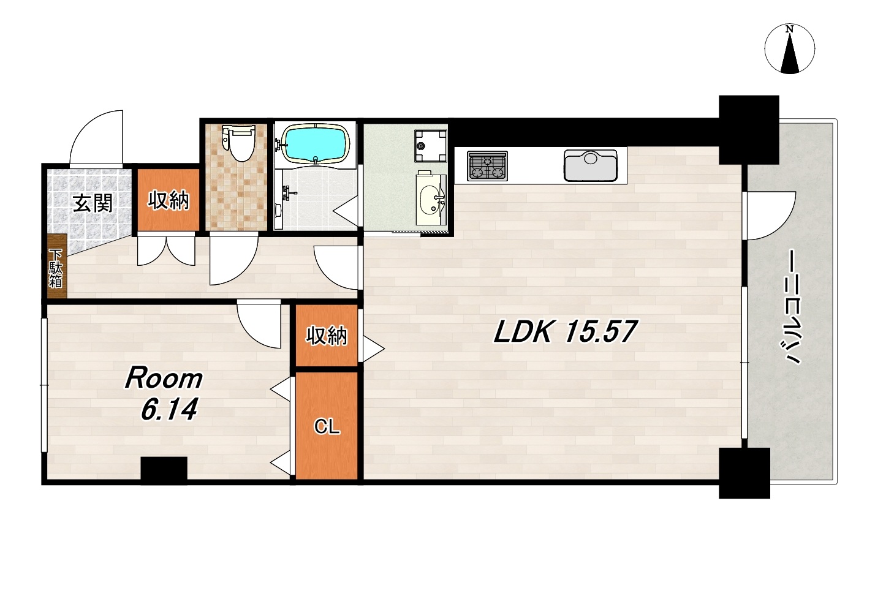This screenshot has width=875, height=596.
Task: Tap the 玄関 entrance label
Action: coord(93,203)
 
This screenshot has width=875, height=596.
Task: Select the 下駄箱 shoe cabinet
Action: coord(56,266)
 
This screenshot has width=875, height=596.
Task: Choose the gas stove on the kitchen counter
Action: coord(487,166)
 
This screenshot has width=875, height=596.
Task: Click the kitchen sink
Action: coord(591,165)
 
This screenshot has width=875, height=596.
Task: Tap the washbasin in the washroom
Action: coord(431,200)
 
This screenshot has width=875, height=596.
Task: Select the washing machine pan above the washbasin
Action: coord(431,146)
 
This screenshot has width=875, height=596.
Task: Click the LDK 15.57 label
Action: coord(565,331)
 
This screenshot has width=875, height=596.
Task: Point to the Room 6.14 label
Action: coord(164,394)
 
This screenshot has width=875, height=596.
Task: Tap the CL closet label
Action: coord(327,427)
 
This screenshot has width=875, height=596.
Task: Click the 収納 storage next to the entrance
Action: coord(168,200)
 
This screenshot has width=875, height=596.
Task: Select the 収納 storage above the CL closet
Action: coord(327,335)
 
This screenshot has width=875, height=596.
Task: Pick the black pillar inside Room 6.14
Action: coord(164,470)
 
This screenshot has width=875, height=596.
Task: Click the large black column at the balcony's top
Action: coord(749,130)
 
